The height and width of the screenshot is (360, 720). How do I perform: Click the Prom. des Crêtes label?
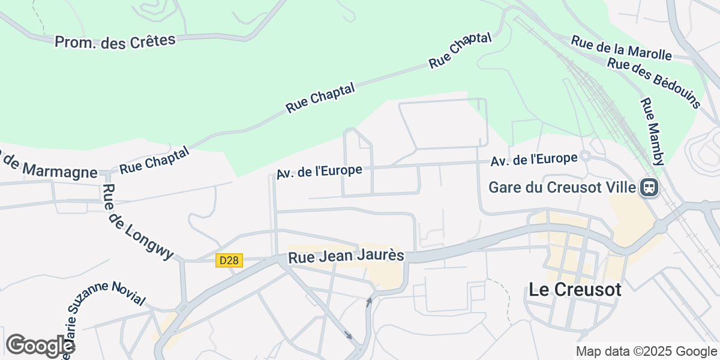(115, 41)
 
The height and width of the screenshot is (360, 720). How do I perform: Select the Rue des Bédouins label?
(653, 83)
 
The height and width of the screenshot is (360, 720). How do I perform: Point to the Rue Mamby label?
(653, 132)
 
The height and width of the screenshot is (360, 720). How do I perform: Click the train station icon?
(649, 188)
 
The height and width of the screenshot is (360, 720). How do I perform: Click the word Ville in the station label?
(622, 187)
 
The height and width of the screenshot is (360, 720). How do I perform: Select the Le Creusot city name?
(575, 290)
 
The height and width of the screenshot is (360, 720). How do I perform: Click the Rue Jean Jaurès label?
(346, 257)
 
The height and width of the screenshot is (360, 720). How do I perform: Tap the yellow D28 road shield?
(229, 260)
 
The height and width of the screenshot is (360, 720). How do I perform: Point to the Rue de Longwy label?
(138, 222)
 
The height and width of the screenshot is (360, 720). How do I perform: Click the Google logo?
(40, 346)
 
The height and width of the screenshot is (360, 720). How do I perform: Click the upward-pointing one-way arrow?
(369, 301)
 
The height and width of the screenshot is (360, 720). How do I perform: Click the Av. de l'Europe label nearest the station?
(533, 160)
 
